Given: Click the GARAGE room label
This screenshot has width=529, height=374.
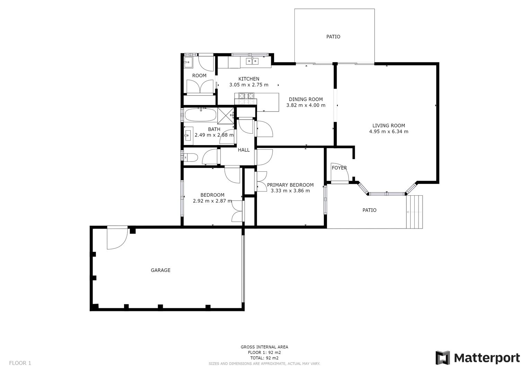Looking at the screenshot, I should tap(160, 270).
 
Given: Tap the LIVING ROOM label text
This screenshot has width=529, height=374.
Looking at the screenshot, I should tap(388, 126).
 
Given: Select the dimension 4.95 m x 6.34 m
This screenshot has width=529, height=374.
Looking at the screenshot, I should tap(388, 132).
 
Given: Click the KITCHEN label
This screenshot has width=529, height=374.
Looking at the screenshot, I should tap(249, 79).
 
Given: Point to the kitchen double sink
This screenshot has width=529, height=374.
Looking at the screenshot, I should tap(252, 61).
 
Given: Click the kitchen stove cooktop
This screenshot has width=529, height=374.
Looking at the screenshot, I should tap(246, 99).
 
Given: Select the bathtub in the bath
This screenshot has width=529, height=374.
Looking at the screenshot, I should tap(200, 114).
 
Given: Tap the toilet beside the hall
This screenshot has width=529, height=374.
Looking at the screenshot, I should tap(190, 158).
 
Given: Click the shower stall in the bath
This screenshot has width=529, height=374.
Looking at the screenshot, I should tap(226, 116).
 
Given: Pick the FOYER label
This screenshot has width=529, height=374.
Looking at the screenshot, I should tap(339, 168).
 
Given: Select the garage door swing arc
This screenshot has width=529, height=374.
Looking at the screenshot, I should tap(116, 239).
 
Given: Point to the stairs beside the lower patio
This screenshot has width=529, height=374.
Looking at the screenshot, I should tap(414, 212).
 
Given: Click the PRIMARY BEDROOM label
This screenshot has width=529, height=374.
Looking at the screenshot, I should tap(290, 185).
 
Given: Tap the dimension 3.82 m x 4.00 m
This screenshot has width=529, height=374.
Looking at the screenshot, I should tap(306, 105).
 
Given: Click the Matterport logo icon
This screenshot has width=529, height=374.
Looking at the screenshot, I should tap(442, 358).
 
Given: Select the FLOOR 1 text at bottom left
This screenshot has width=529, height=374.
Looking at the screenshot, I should tap(20, 363).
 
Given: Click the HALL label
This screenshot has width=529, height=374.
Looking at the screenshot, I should tap(244, 150).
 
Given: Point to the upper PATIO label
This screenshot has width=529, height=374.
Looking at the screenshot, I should tap(333, 37).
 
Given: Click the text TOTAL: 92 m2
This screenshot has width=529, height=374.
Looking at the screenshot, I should tap(264, 358).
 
